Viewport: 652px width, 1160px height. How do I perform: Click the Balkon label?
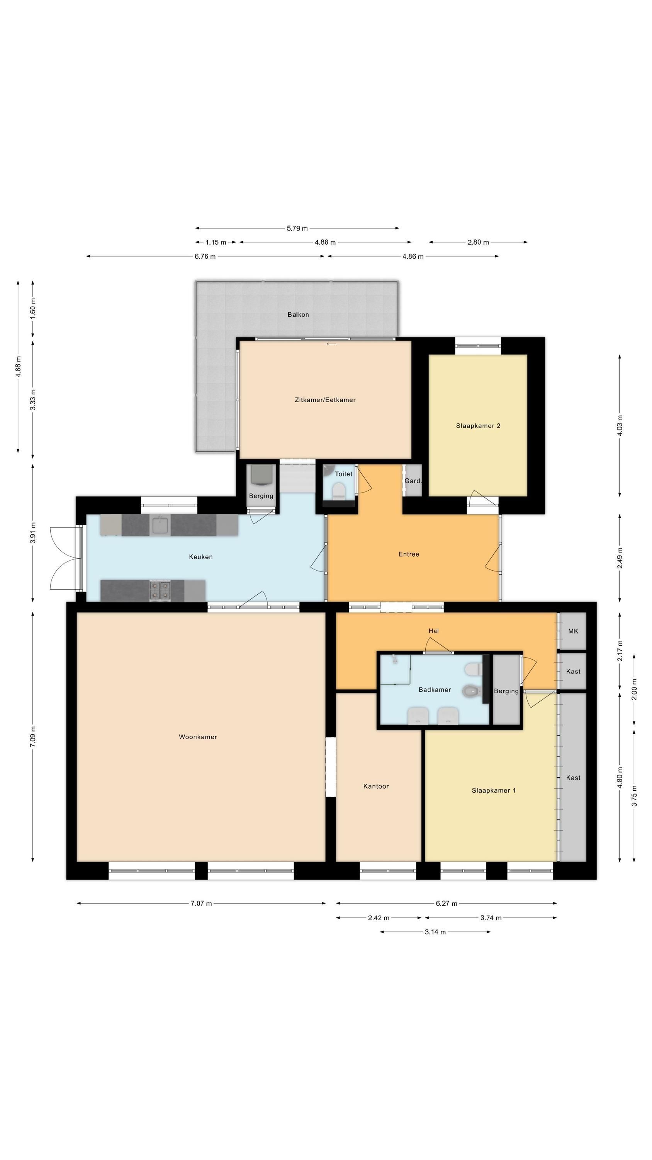(x=298, y=314)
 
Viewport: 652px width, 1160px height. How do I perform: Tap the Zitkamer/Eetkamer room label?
(x=325, y=399)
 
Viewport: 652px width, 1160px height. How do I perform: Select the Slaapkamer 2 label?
(x=478, y=426)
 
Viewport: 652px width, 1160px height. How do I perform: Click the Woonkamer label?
(x=198, y=737)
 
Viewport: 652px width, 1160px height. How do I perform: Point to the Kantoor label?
(x=376, y=786)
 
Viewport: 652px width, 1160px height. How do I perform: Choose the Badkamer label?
(x=435, y=689)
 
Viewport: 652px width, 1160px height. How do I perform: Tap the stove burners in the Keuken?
(x=160, y=590)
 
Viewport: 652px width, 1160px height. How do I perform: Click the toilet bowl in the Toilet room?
(x=338, y=490)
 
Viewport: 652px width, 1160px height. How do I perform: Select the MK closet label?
(x=573, y=631)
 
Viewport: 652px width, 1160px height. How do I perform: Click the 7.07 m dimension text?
(x=201, y=903)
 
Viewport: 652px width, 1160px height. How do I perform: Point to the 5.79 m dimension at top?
(x=297, y=228)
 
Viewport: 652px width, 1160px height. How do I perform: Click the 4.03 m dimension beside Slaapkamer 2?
(x=620, y=426)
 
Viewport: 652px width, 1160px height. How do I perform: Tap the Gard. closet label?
(x=413, y=481)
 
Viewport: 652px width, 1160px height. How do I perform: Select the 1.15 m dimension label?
(x=216, y=242)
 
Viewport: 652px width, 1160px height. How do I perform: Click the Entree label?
(x=409, y=554)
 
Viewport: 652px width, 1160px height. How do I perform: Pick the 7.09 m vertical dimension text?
(x=33, y=737)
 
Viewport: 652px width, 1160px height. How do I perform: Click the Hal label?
(x=433, y=631)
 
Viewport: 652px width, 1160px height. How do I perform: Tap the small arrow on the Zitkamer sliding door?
(x=332, y=344)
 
